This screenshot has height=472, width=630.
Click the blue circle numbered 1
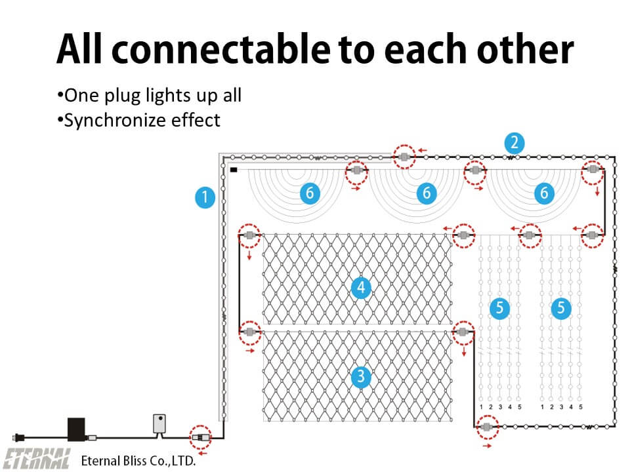pyautogui.click(x=205, y=197)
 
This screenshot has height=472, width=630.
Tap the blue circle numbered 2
pyautogui.click(x=514, y=143)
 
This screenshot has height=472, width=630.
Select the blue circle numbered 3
pyautogui.click(x=361, y=376)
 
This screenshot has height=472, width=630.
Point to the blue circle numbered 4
pyautogui.click(x=361, y=287)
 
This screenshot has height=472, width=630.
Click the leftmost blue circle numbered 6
pyautogui.click(x=310, y=193)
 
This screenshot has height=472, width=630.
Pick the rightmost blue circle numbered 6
pyautogui.click(x=544, y=193)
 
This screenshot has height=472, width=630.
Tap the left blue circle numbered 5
pyautogui.click(x=500, y=308)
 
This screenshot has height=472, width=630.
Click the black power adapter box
pyautogui.click(x=76, y=430)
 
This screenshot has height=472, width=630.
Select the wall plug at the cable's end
pyautogui.click(x=19, y=437)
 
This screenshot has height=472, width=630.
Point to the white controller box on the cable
pyautogui.click(x=159, y=424)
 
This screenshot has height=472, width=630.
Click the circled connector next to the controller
pyautogui.click(x=201, y=437)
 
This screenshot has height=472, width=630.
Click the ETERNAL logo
pyautogui.click(x=37, y=459)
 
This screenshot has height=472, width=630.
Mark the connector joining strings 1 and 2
pyautogui.click(x=404, y=157)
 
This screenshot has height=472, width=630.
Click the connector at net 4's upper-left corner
pyautogui.click(x=249, y=235)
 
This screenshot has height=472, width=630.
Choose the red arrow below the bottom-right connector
pyautogui.click(x=487, y=446)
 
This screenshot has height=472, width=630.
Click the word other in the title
pyautogui.click(x=525, y=49)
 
